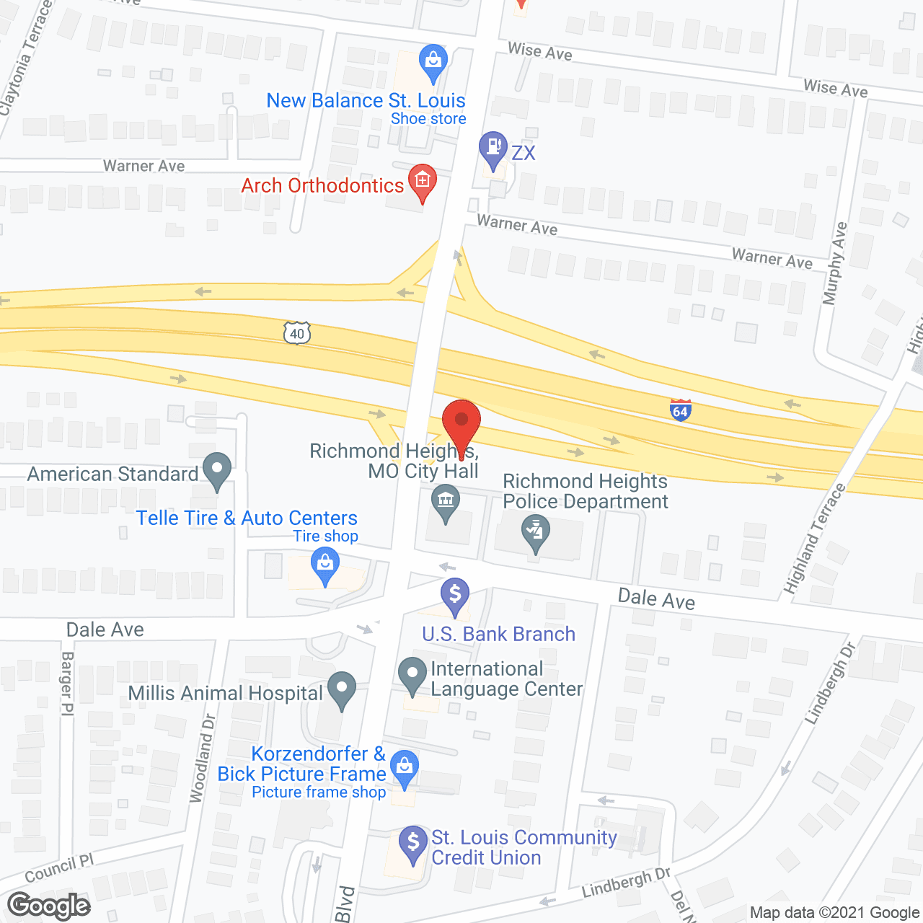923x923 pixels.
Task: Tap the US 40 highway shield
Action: point(297,333)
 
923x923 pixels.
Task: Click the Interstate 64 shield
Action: point(680,410)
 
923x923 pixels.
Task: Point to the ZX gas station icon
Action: point(493,148)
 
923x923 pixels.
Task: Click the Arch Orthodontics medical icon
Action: point(423,181)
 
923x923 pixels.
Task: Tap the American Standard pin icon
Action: point(216,470)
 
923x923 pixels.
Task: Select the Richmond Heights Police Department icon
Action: point(536,532)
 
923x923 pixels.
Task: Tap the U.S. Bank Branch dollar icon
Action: point(455,596)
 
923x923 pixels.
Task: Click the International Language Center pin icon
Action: point(412,676)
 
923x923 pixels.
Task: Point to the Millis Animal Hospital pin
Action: point(342,689)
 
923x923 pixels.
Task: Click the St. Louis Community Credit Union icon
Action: point(413,843)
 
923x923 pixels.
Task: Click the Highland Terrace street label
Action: point(815,539)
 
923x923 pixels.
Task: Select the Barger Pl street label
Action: point(67,683)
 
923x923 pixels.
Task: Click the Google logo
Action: point(49,906)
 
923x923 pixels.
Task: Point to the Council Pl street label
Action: point(59,869)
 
